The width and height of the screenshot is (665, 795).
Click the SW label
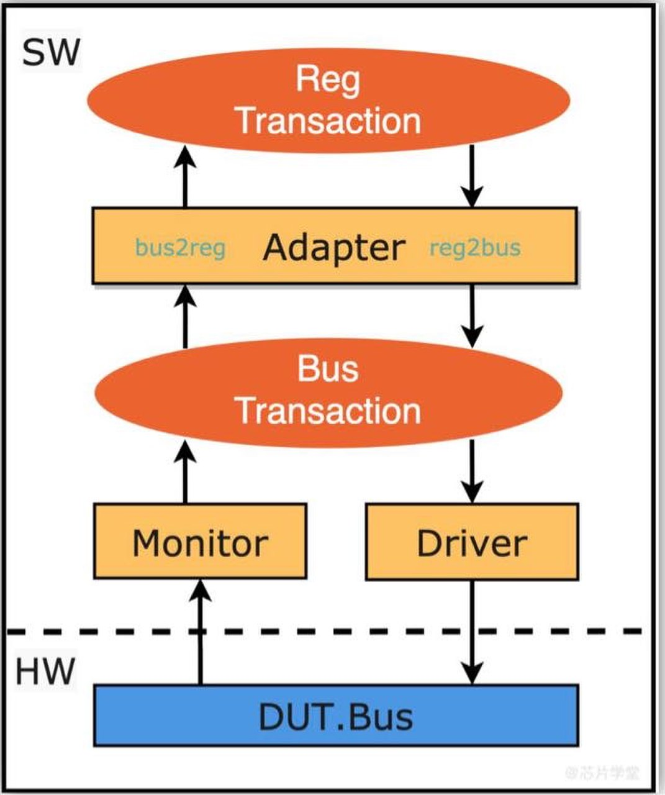(x=51, y=52)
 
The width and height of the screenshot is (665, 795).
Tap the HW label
(x=45, y=672)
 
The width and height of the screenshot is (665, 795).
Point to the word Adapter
(x=333, y=247)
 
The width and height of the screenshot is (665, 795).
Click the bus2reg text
(x=180, y=248)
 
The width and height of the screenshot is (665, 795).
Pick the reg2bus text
(x=475, y=248)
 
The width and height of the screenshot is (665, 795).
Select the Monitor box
(x=200, y=542)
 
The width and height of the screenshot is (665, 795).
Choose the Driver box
(x=472, y=542)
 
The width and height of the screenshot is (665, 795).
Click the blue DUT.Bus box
(x=335, y=715)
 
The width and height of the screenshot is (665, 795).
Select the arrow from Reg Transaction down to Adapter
(x=473, y=177)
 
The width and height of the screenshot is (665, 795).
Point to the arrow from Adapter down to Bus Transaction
(x=473, y=316)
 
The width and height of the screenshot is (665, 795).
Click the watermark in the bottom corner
(x=601, y=773)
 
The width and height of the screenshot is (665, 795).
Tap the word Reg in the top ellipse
(x=327, y=79)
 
